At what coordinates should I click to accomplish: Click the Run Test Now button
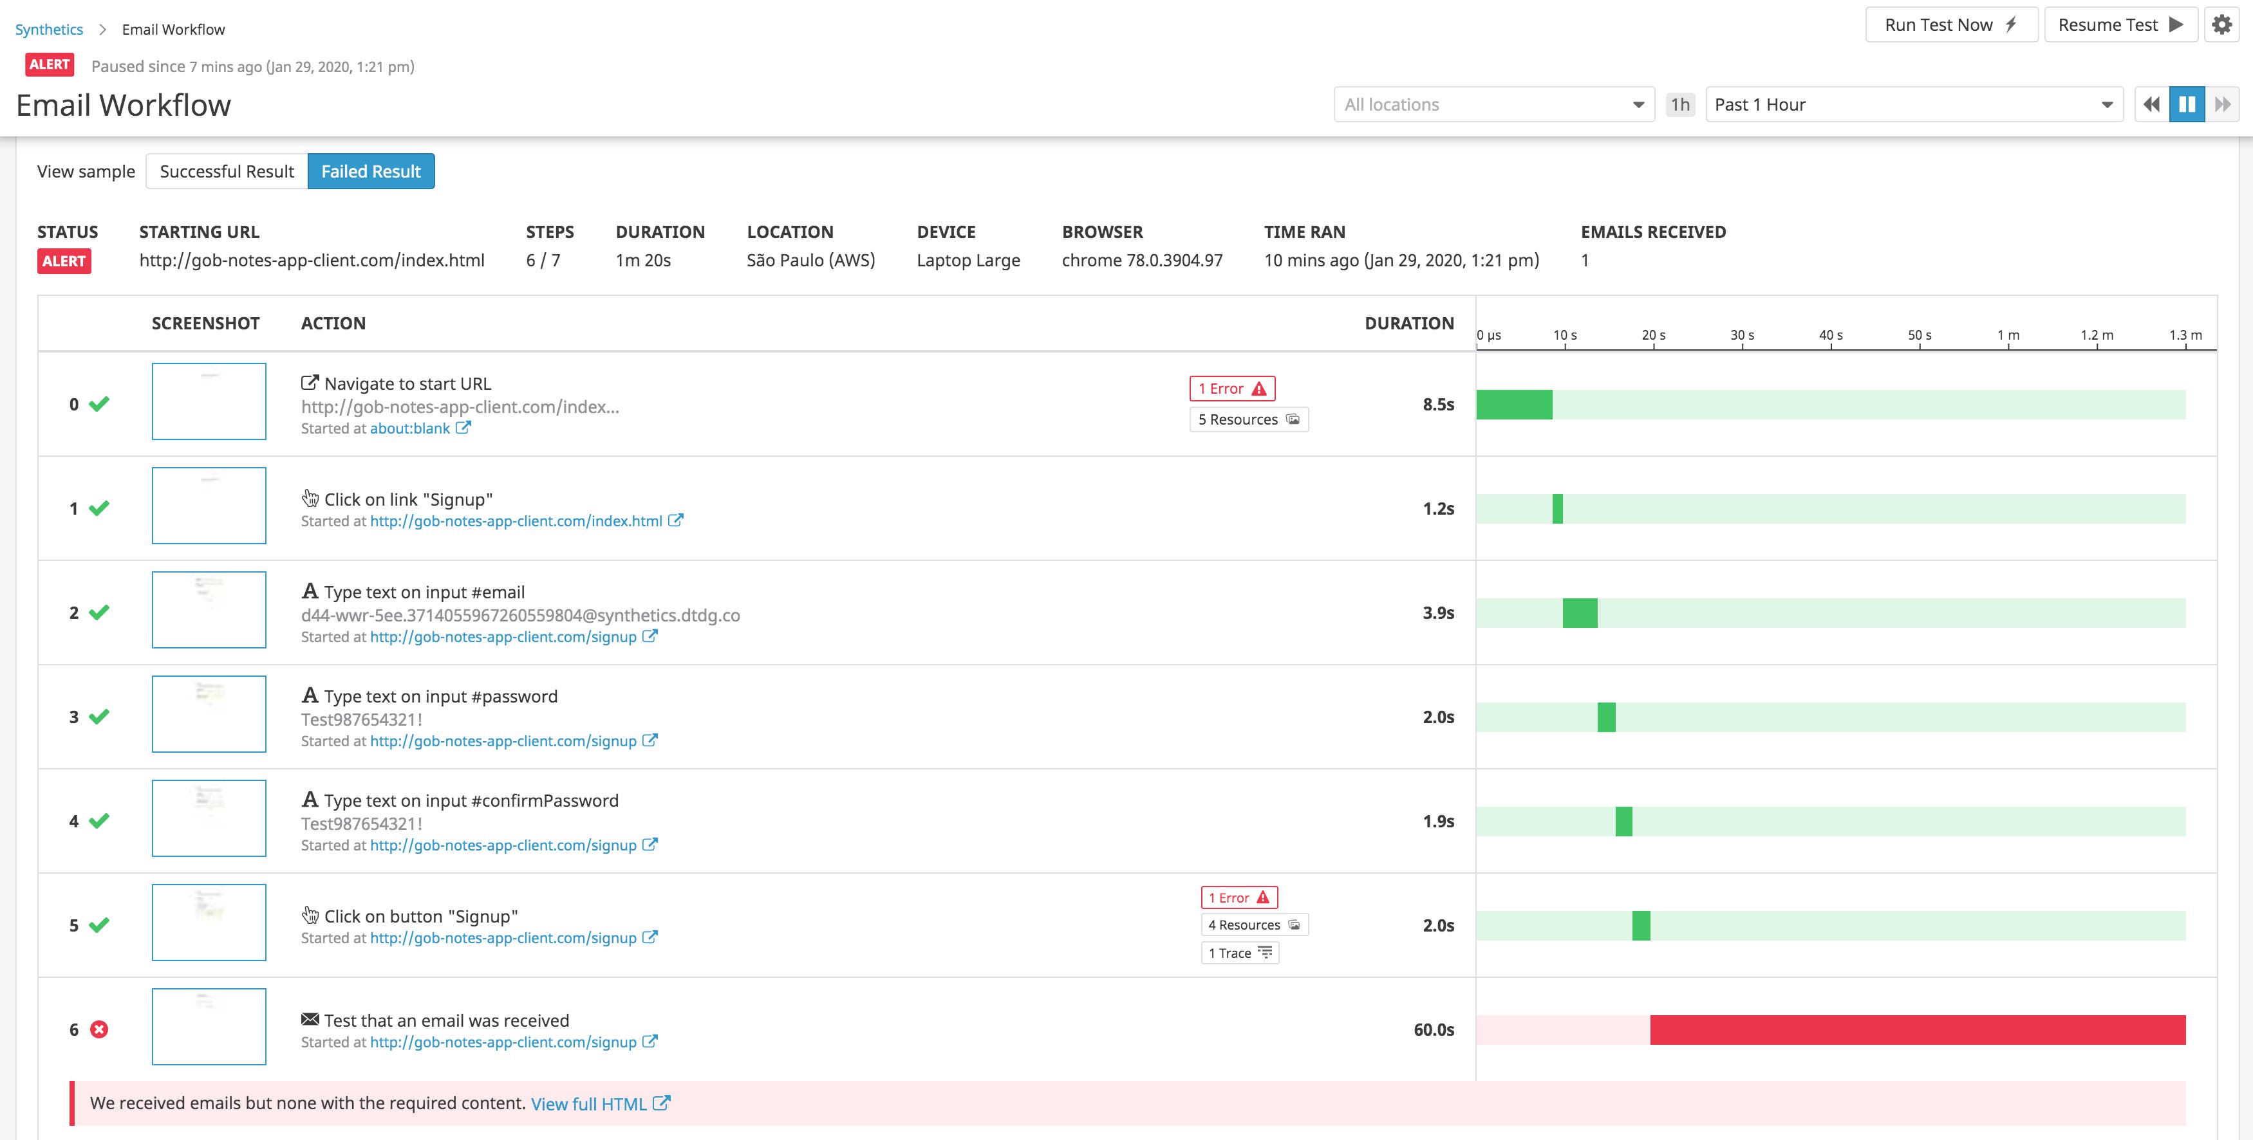pyautogui.click(x=1950, y=24)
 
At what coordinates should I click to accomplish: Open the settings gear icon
pyautogui.click(x=2221, y=24)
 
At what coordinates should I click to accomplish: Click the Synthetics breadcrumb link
pyautogui.click(x=49, y=30)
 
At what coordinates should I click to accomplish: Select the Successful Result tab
pyautogui.click(x=227, y=171)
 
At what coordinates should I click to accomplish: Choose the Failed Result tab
pyautogui.click(x=371, y=171)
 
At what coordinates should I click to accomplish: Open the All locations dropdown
pyautogui.click(x=1493, y=105)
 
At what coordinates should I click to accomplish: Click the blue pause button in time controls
pyautogui.click(x=2187, y=105)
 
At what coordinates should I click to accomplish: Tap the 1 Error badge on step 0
pyautogui.click(x=1231, y=388)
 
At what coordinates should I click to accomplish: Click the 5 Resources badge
pyautogui.click(x=1248, y=419)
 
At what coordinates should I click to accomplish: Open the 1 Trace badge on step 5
pyautogui.click(x=1239, y=953)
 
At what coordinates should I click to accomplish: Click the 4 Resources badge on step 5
pyautogui.click(x=1254, y=925)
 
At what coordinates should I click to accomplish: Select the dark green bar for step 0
pyautogui.click(x=1514, y=405)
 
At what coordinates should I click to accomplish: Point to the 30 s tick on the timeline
pyautogui.click(x=1743, y=336)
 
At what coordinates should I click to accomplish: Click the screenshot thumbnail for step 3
pyautogui.click(x=209, y=714)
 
